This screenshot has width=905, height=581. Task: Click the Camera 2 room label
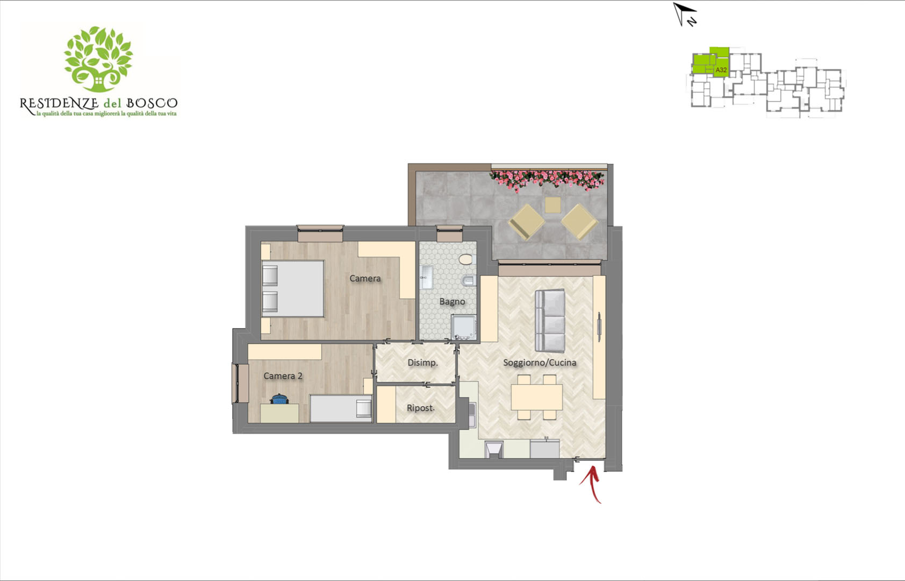[x=283, y=376]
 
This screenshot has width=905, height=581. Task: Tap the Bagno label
[x=452, y=302]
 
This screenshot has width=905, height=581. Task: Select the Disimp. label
[x=422, y=363]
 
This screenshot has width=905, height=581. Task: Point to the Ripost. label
[x=421, y=408]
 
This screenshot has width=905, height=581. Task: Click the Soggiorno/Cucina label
[x=540, y=363]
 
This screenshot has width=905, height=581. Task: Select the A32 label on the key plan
[x=721, y=70]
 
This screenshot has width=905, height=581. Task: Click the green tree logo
[x=98, y=59]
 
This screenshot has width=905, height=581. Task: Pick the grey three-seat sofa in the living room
[x=550, y=320]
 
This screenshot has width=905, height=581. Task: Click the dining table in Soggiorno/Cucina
[x=537, y=397]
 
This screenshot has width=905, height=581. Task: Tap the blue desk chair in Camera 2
[x=279, y=399]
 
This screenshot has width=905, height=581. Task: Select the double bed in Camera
[x=293, y=288]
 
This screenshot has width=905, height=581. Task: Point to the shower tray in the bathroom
[x=464, y=327]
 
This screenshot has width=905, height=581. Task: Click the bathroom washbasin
[x=426, y=277]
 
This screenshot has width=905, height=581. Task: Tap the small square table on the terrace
[x=552, y=205]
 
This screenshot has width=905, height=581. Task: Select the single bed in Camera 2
[x=341, y=408]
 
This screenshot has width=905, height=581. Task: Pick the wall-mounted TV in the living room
[x=599, y=323]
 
